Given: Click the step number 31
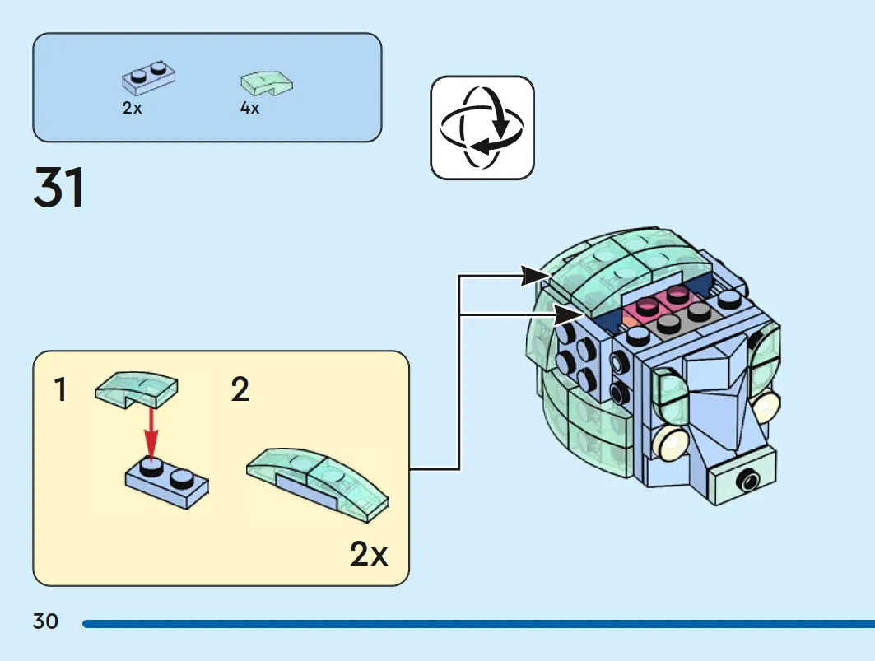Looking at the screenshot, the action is pyautogui.click(x=59, y=187).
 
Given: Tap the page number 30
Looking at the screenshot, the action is pyautogui.click(x=45, y=621).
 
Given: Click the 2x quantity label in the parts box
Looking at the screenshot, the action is pyautogui.click(x=133, y=108).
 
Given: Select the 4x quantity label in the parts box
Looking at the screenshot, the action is pyautogui.click(x=250, y=108).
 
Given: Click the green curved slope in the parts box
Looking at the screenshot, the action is pyautogui.click(x=266, y=84).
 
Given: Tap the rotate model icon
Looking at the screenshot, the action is pyautogui.click(x=482, y=128).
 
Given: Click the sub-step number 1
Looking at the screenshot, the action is pyautogui.click(x=61, y=389).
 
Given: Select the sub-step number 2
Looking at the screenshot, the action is pyautogui.click(x=240, y=389).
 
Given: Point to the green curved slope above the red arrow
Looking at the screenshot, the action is pyautogui.click(x=137, y=389).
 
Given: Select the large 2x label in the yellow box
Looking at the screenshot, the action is pyautogui.click(x=368, y=554).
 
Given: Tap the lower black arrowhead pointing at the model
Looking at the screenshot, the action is pyautogui.click(x=568, y=315).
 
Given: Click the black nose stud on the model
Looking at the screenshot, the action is pyautogui.click(x=747, y=480).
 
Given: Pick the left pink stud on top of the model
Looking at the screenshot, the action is pyautogui.click(x=647, y=306).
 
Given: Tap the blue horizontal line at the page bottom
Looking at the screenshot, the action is pyautogui.click(x=479, y=624).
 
